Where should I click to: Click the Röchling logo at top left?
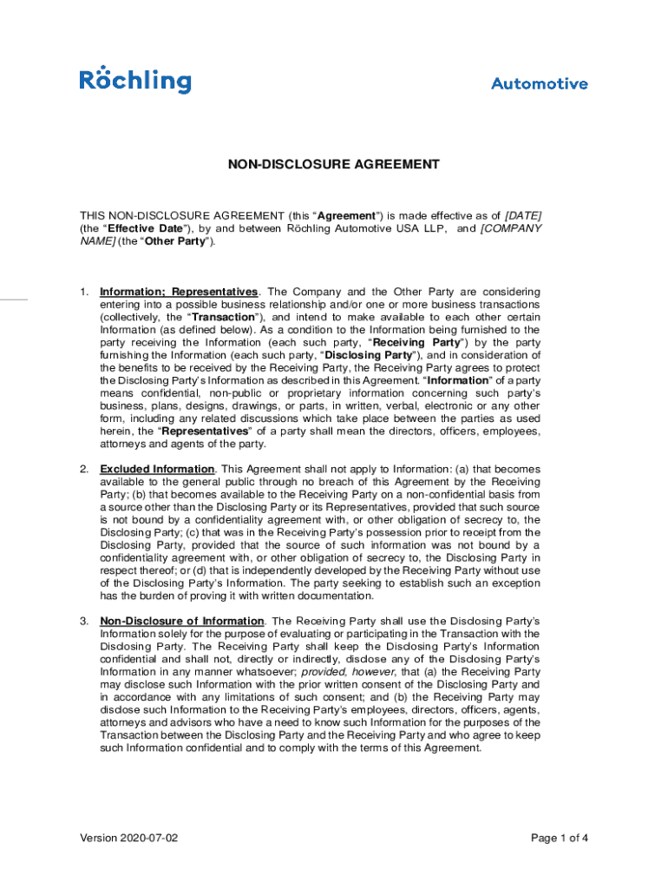tap(135, 80)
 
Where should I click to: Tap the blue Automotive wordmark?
tap(539, 84)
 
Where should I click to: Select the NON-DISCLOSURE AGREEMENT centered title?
tap(334, 164)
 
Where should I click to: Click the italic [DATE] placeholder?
tap(523, 215)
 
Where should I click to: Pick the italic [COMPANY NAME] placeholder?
tap(511, 228)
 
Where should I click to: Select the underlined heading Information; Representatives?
tap(179, 292)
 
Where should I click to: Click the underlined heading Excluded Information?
tap(157, 469)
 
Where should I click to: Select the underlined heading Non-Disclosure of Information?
tap(182, 621)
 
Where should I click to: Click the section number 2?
tap(84, 469)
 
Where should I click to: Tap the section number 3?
tap(84, 621)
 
